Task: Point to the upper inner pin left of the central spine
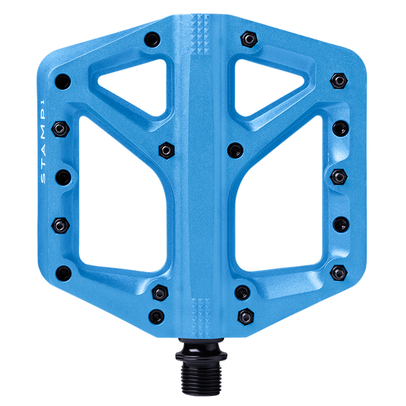click(x=164, y=148)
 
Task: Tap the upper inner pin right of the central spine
click(x=235, y=148)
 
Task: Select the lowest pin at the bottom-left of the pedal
click(x=157, y=315)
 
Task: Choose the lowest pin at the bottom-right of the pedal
click(x=244, y=315)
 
